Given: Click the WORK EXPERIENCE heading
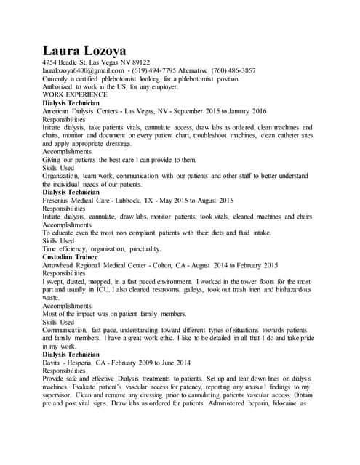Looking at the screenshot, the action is [75, 94].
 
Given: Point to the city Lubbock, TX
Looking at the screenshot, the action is [161, 200].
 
